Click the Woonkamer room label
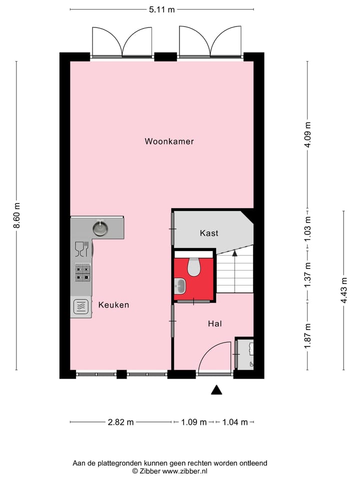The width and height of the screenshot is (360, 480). tap(169, 141)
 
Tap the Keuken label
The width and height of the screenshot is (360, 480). tap(113, 304)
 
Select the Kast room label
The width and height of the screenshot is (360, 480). tap(209, 233)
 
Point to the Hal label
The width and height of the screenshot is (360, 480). tap(215, 324)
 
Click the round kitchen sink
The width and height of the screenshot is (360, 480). tap(100, 228)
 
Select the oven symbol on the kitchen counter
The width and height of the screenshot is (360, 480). tap(81, 306)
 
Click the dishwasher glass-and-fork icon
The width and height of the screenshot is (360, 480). tap(81, 247)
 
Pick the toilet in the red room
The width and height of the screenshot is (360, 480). tap(193, 267)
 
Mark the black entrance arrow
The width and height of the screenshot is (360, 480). tap(216, 390)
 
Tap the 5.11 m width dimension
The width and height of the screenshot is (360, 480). tap(162, 9)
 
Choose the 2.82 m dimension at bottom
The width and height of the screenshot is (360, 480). tap(120, 422)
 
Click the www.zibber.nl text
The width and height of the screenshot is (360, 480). tap(184, 471)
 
